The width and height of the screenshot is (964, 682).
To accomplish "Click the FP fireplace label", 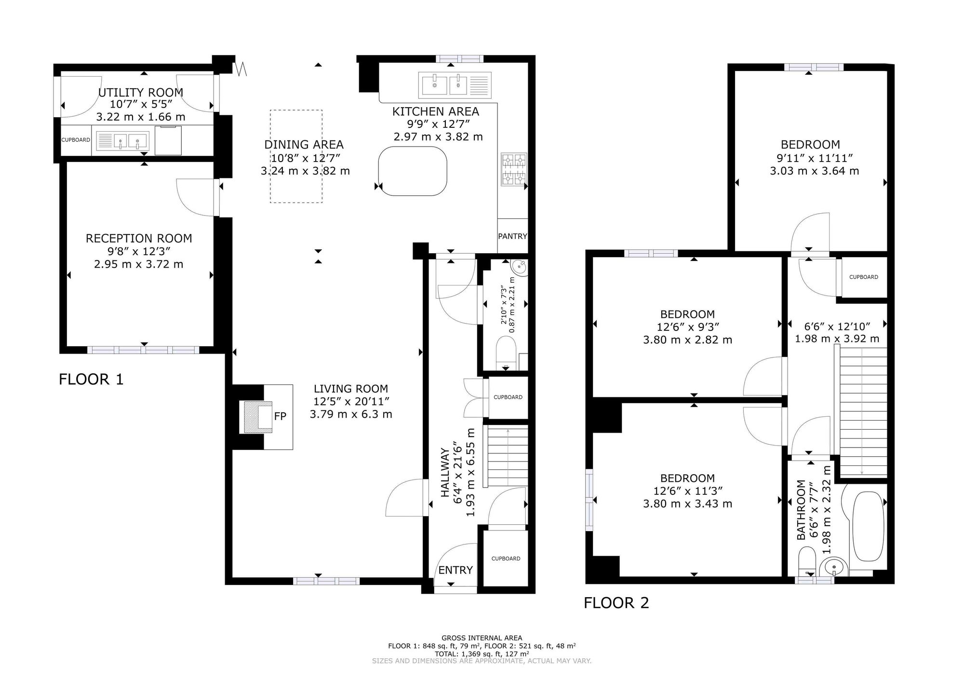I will click(280, 416).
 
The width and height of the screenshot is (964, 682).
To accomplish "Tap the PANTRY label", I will click(512, 236).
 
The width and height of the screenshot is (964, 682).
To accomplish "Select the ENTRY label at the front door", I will click(455, 570).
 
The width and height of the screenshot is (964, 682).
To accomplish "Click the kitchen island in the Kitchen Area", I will click(413, 171).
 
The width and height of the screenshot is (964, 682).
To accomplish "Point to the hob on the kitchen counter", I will click(514, 169).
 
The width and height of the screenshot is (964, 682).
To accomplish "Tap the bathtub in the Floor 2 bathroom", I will click(869, 526).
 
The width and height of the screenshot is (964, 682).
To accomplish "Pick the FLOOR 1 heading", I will click(91, 380).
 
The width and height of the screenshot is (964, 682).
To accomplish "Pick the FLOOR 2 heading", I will click(616, 603).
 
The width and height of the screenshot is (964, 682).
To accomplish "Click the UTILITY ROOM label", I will click(141, 92).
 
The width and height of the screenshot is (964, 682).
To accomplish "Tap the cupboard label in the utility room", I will click(76, 140).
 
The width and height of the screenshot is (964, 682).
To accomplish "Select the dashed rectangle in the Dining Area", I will click(296, 156).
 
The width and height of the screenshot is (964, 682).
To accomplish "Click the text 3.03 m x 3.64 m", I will click(814, 171).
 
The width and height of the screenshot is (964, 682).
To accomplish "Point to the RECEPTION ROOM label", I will click(139, 238).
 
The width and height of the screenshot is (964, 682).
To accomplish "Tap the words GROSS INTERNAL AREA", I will click(482, 638).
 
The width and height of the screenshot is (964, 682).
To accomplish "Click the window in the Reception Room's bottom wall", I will click(143, 350).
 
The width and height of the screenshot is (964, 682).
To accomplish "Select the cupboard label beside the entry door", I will click(506, 559).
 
